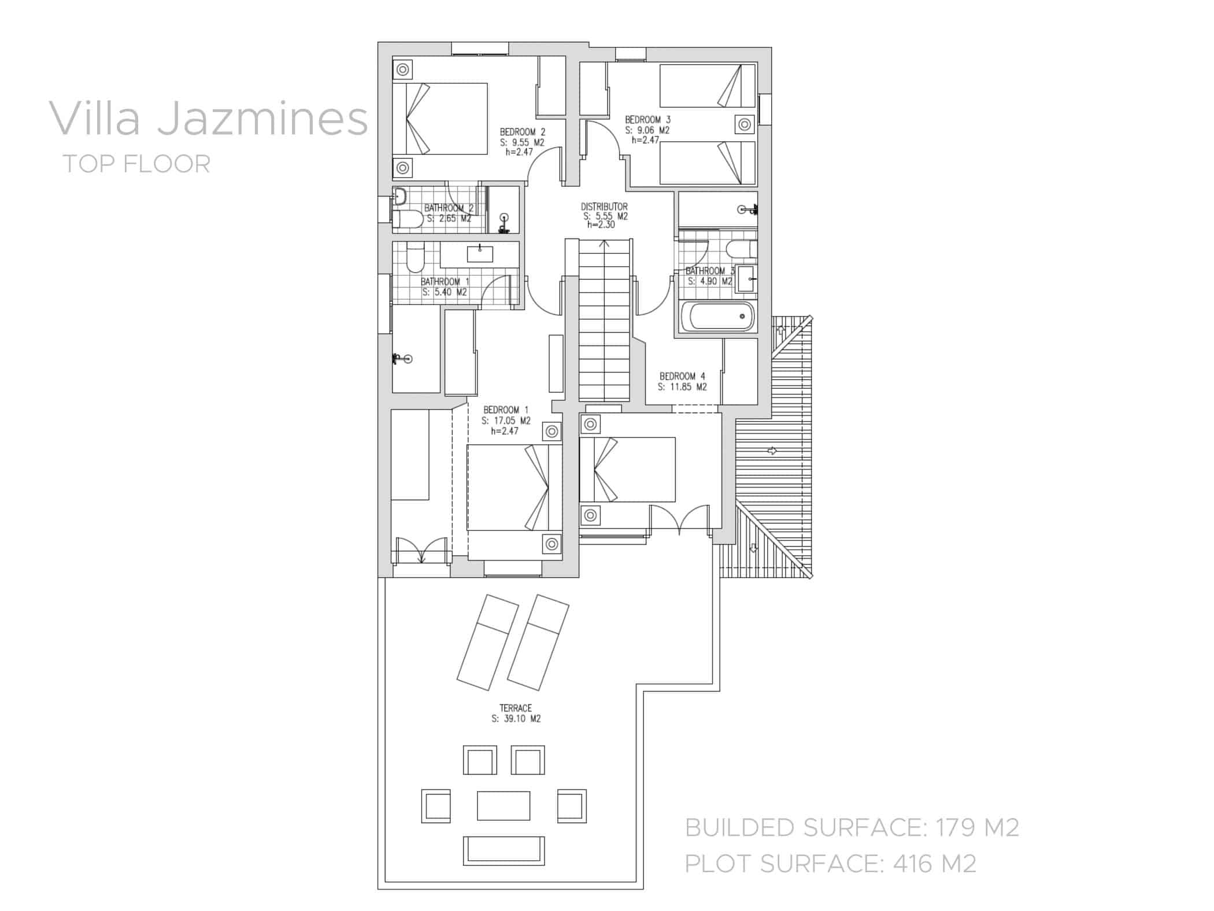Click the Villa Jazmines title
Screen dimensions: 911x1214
coord(208,119)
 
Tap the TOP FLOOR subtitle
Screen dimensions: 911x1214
coord(136,164)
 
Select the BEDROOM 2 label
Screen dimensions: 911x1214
coord(522,132)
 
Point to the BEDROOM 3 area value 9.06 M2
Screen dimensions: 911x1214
coord(647,130)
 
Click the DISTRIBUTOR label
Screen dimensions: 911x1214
coord(604,206)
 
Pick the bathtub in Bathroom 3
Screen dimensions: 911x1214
coord(717,316)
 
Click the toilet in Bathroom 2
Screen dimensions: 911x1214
coord(408,219)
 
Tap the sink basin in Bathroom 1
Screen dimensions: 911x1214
coord(480,254)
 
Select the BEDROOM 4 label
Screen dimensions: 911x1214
coord(682,376)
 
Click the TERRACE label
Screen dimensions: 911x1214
coord(515,708)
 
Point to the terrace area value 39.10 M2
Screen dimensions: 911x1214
coord(516,719)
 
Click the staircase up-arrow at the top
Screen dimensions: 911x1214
coord(604,244)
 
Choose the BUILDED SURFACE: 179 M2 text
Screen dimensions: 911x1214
coord(852,828)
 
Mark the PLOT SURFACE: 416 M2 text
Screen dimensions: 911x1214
coord(831,864)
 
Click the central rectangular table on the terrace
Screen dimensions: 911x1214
coord(503,806)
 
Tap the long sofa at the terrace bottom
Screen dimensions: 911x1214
coord(503,850)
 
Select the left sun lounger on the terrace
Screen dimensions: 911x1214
coord(487,642)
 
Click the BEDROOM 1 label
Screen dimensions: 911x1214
coord(506,410)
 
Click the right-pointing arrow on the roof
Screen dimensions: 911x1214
coord(772,451)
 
